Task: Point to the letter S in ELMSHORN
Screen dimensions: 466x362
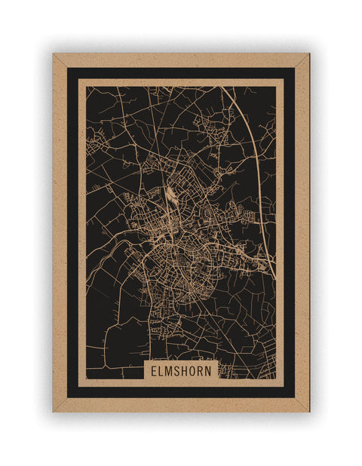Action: pos(179,371)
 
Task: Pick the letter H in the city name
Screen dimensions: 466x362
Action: pos(187,371)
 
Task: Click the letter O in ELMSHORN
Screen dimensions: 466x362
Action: pos(195,371)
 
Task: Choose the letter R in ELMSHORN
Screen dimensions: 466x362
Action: pos(204,371)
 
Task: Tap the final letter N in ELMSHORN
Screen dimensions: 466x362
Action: pos(212,371)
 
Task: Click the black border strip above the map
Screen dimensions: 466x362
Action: pos(181,72)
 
